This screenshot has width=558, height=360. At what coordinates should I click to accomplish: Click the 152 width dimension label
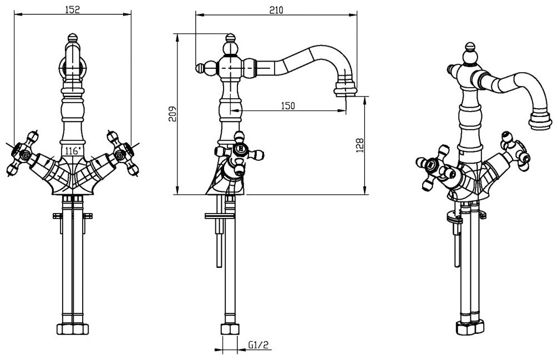[x=73, y=9]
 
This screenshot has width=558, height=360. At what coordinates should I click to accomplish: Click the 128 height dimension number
[x=360, y=145]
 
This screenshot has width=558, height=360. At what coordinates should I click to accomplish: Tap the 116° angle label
[x=73, y=150]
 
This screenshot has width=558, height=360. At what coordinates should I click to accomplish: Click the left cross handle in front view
[x=23, y=157]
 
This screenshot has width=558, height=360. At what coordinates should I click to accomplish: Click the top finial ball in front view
[x=73, y=40]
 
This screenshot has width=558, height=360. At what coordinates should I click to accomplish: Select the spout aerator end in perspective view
[x=541, y=119]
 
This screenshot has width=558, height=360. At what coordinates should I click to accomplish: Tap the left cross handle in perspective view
[x=433, y=164]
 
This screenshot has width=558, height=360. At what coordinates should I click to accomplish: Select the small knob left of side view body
[x=200, y=68]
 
